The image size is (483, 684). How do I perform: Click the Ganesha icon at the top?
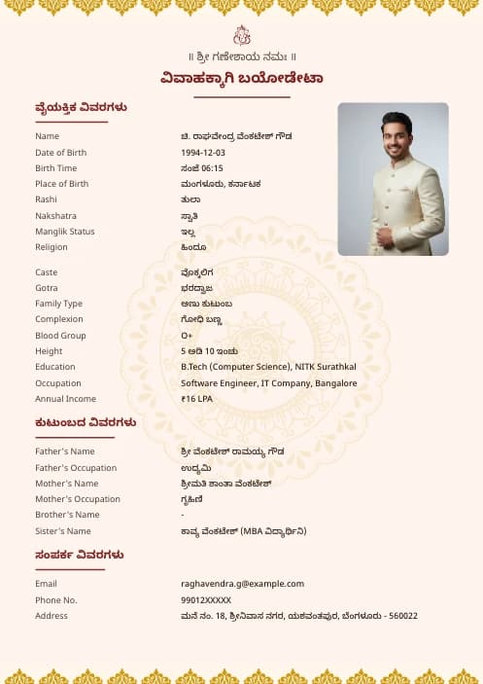click(x=242, y=35)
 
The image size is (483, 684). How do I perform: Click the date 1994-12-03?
click(x=203, y=153)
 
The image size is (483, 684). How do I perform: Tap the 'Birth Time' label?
click(x=55, y=168)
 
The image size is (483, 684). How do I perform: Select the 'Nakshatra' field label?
click(x=55, y=216)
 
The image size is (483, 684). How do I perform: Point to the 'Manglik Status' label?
click(x=65, y=232)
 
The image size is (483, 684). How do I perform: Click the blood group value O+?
click(x=187, y=336)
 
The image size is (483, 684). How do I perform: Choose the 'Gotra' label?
click(x=47, y=288)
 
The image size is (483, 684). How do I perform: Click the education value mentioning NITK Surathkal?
click(x=268, y=367)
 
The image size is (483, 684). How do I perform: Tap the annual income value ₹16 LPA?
click(x=198, y=399)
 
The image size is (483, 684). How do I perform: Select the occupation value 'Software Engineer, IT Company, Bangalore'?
click(x=268, y=383)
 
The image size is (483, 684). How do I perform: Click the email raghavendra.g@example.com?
click(x=242, y=584)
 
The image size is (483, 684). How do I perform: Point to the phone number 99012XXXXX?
click(x=206, y=600)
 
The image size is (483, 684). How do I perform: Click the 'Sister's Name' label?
click(x=63, y=531)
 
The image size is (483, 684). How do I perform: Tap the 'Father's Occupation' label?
click(x=76, y=468)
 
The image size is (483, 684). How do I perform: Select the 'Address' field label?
click(x=52, y=616)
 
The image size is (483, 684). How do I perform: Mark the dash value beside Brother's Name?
click(x=183, y=515)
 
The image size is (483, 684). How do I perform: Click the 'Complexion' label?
click(x=59, y=319)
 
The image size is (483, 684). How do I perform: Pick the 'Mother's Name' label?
click(x=66, y=484)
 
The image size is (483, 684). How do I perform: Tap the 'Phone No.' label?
click(x=55, y=600)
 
